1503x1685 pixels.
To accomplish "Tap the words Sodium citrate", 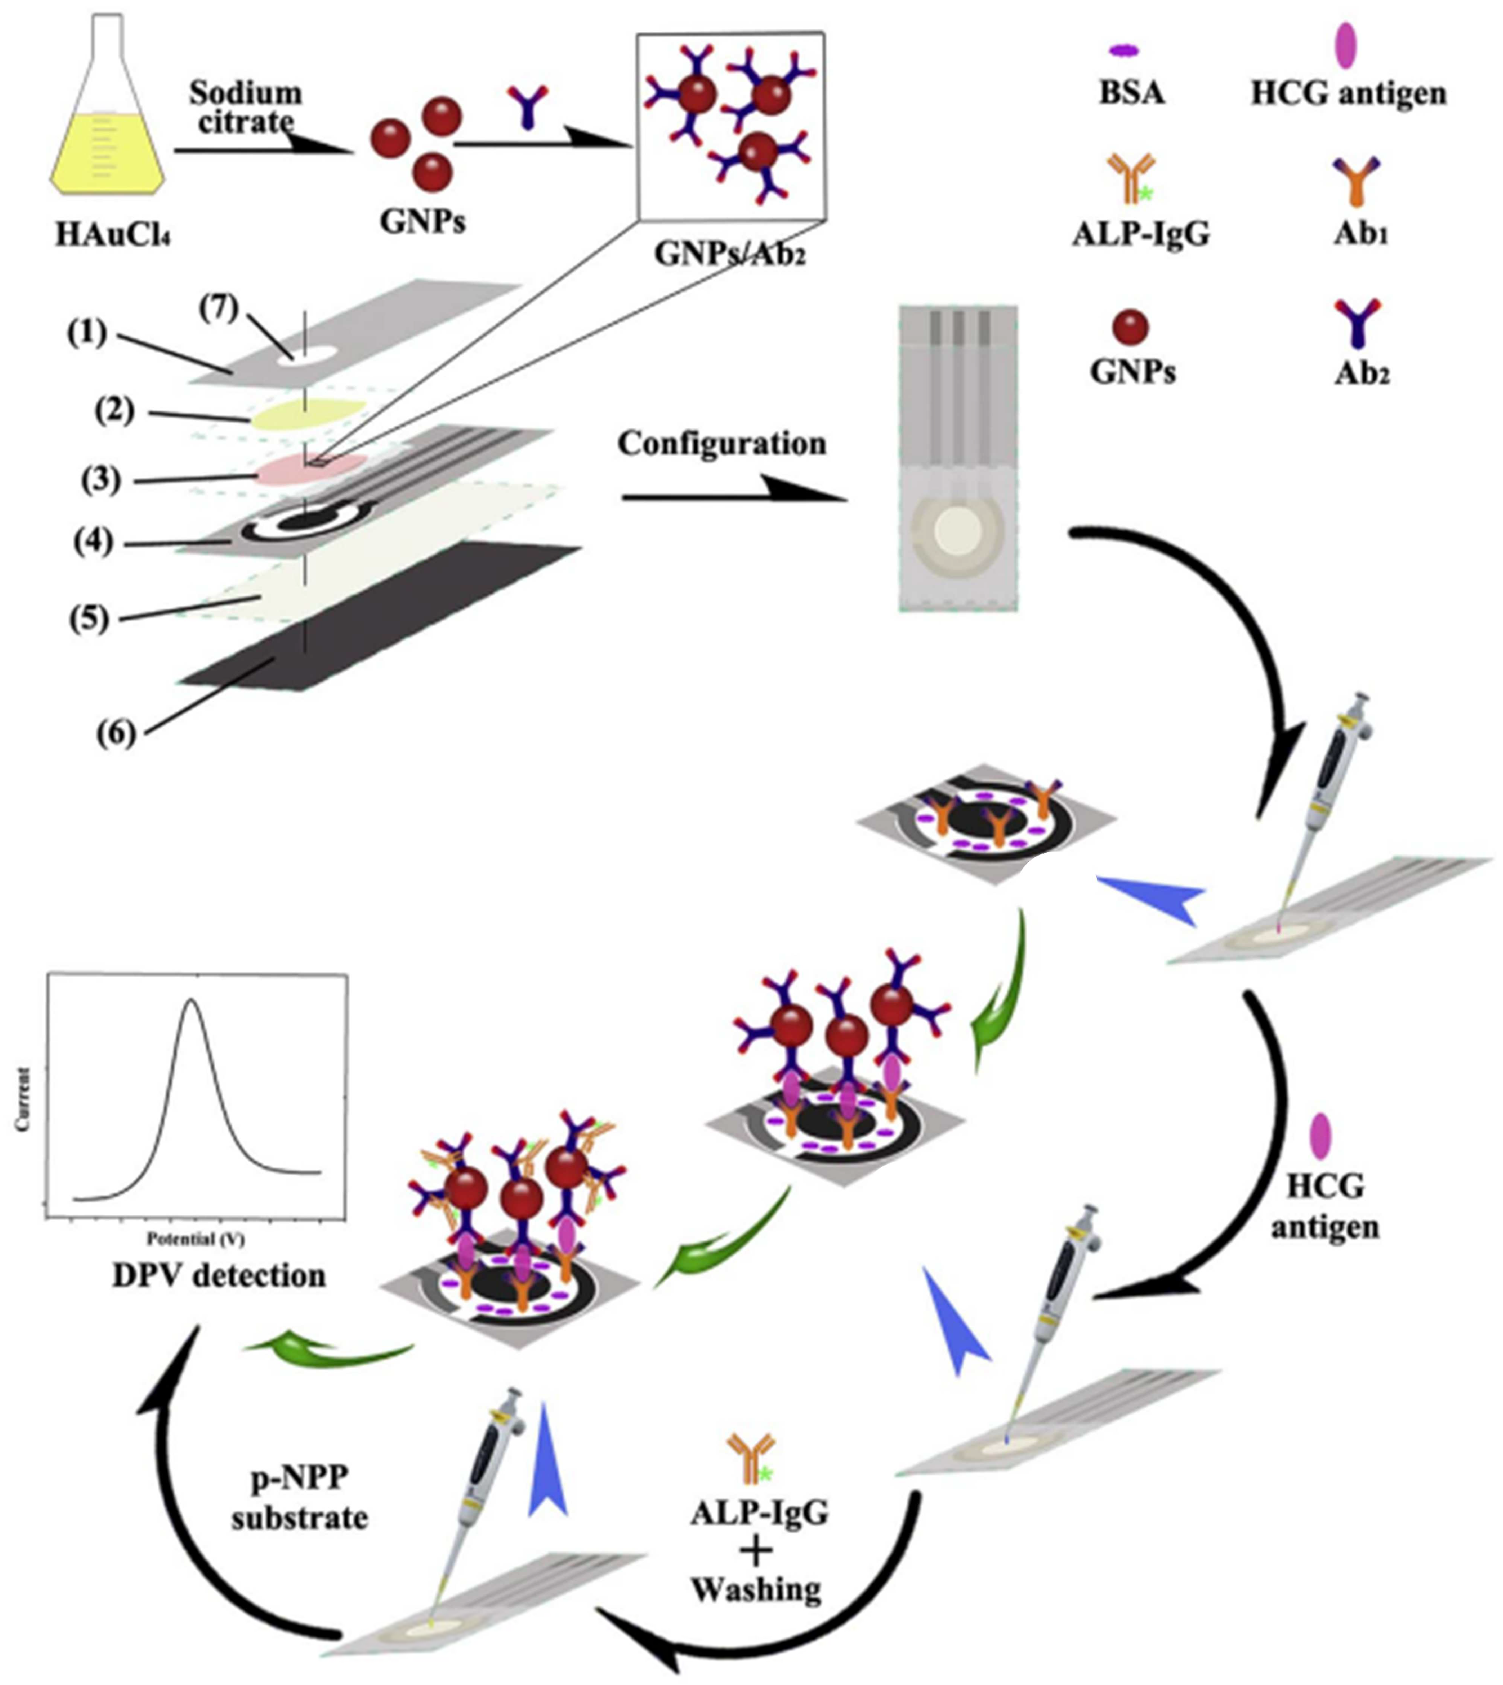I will [245, 107].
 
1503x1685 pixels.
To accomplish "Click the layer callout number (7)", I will [219, 309].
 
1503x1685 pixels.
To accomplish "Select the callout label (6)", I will [116, 733].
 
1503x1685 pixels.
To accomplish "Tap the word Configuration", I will [722, 444].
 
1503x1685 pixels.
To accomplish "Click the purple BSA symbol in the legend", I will [1123, 51].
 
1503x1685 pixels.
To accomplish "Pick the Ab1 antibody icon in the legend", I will [1357, 182].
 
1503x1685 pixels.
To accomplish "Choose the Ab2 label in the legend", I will [1362, 374].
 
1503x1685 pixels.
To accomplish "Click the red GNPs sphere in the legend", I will [1129, 327].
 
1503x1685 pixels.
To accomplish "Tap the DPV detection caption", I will [219, 1276].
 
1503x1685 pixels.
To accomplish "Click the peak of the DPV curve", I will [191, 1001].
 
